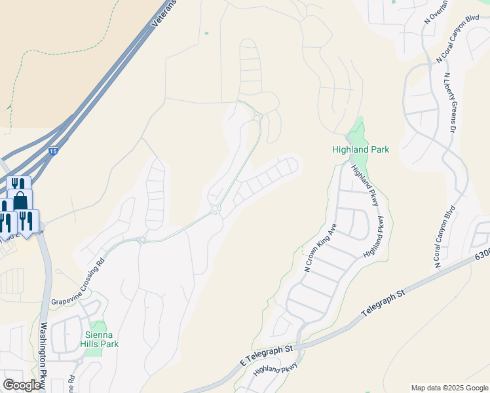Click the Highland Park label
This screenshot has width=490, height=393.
pyautogui.click(x=360, y=150)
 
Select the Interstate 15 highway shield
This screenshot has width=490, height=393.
pyautogui.click(x=52, y=152)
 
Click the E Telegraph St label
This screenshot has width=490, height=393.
pyautogui.click(x=267, y=357)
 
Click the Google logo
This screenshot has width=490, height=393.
pyautogui.click(x=22, y=385)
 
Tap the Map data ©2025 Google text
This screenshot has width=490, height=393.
pyautogui.click(x=449, y=388)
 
